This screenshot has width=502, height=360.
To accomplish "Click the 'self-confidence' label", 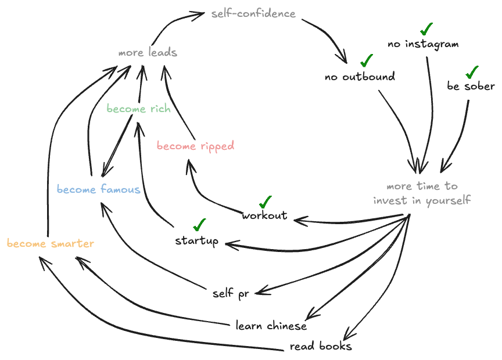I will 253,13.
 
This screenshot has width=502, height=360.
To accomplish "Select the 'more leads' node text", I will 148,53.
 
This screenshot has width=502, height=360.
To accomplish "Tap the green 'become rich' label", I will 138,109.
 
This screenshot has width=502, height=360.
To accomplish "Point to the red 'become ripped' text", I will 195,146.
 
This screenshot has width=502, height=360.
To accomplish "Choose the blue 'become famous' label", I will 99,189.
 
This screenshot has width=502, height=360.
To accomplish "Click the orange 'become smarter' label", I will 51,243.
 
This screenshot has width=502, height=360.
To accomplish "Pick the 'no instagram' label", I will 423,44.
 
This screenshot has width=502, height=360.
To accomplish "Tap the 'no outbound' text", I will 360,76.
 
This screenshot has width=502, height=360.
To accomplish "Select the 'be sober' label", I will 471,87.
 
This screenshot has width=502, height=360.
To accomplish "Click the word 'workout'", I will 265,215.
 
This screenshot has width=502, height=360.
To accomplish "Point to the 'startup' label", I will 197,240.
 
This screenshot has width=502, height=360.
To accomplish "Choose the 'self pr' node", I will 231,293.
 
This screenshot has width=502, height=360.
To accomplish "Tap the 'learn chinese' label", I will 271,325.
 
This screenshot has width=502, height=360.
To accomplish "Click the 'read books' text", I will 321,347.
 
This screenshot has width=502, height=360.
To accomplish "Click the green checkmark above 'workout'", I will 266,201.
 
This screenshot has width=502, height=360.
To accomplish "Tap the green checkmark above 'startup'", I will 200,224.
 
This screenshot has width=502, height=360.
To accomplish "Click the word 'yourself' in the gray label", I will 448,200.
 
